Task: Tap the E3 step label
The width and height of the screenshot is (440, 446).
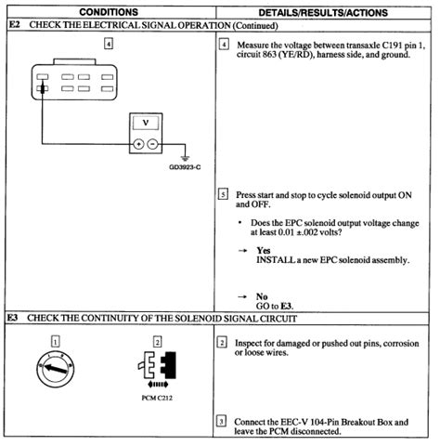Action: click(x=14, y=318)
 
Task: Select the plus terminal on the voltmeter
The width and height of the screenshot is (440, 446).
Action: click(x=138, y=144)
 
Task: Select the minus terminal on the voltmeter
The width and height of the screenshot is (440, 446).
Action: click(x=152, y=144)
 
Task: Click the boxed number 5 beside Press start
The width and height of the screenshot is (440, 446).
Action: click(x=223, y=194)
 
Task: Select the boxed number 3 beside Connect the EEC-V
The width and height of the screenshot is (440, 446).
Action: click(x=223, y=421)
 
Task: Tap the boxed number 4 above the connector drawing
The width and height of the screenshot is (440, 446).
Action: click(x=109, y=44)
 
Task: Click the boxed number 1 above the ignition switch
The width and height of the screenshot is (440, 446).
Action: click(x=55, y=342)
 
